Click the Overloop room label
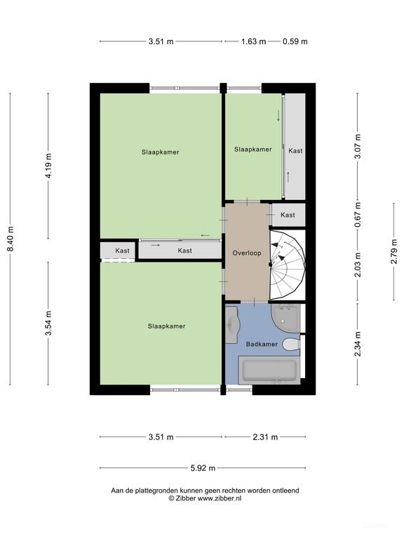pyautogui.click(x=247, y=253)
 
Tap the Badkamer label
pyautogui.click(x=262, y=344)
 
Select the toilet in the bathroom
pyautogui.click(x=291, y=344)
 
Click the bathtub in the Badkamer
pyautogui.click(x=269, y=371)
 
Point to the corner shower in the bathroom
pyautogui.click(x=285, y=318)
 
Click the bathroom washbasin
pyautogui.click(x=232, y=324)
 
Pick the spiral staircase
pyautogui.click(x=287, y=265)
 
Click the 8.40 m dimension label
pyautogui.click(x=11, y=239)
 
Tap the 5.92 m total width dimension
pyautogui.click(x=203, y=468)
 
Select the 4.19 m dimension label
pyautogui.click(x=48, y=166)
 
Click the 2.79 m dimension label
pyautogui.click(x=394, y=252)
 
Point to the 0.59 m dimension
pyautogui.click(x=295, y=41)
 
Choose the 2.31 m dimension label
pyautogui.click(x=265, y=437)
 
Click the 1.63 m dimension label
pyautogui.click(x=253, y=41)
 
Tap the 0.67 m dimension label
pyautogui.click(x=358, y=215)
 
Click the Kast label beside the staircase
pyautogui.click(x=288, y=215)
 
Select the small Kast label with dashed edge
pyautogui.click(x=122, y=251)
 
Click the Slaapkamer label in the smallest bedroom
pyautogui.click(x=252, y=149)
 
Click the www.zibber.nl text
pyautogui.click(x=219, y=498)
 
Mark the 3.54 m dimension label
pyautogui.click(x=48, y=323)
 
